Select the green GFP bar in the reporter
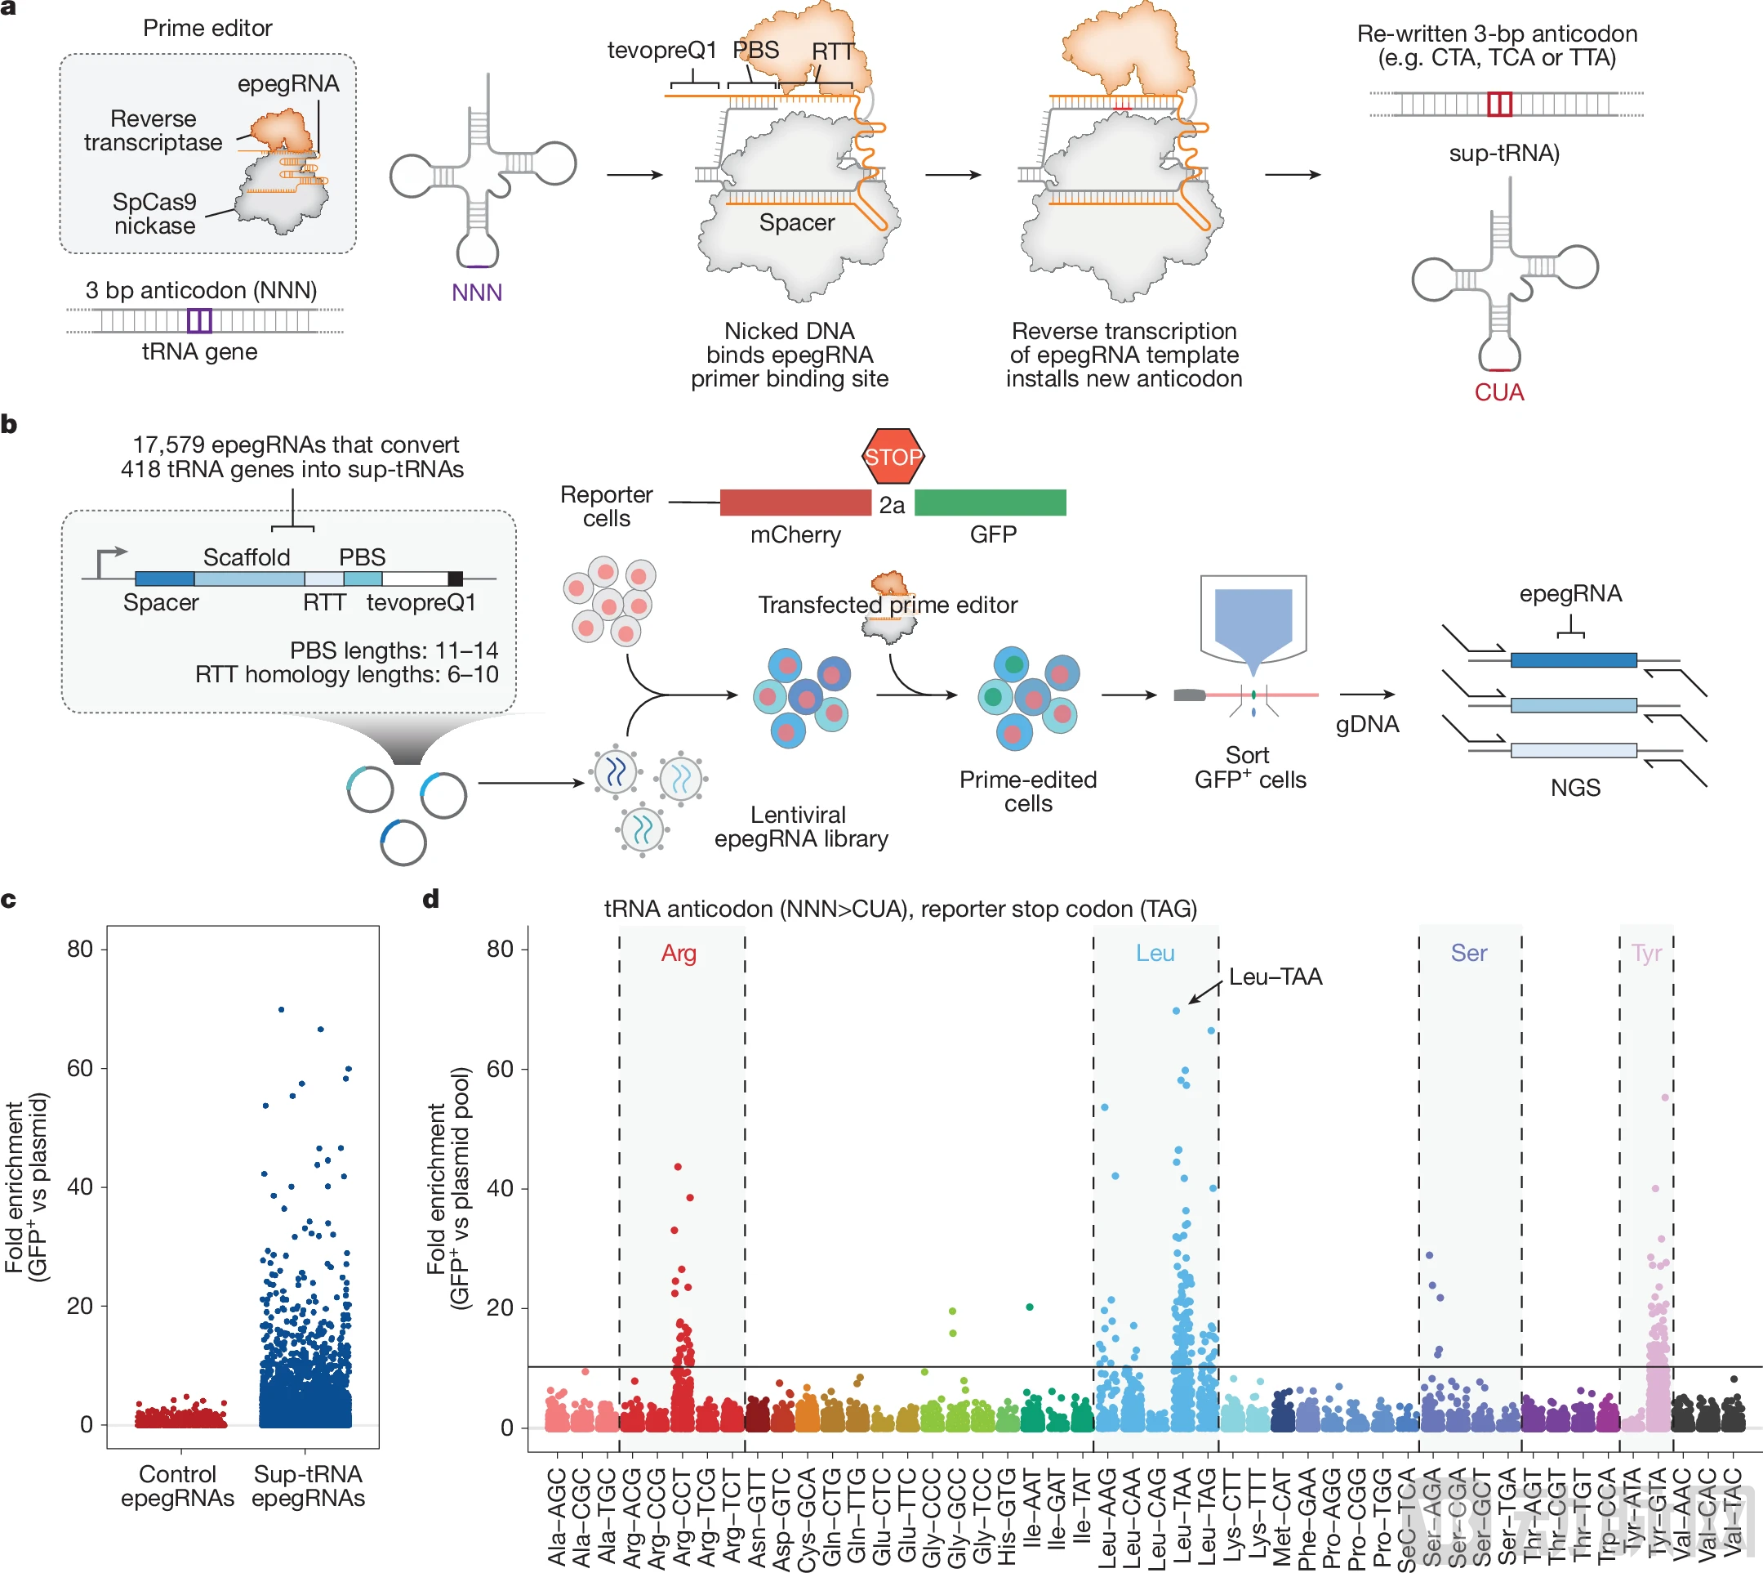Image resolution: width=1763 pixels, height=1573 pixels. click(x=990, y=503)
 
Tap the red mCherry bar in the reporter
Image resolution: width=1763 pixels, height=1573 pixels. click(x=795, y=503)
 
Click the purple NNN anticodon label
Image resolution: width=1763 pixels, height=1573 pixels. click(x=477, y=293)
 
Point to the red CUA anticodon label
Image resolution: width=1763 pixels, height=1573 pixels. click(x=1498, y=392)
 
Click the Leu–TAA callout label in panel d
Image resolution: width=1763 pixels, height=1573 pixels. click(x=1275, y=976)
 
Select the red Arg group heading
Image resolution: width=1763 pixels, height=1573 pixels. click(x=679, y=954)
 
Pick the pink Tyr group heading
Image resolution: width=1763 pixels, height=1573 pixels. click(x=1646, y=954)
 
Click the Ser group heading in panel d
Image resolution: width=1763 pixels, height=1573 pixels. click(x=1468, y=954)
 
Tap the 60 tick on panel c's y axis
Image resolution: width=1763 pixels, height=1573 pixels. click(x=79, y=1068)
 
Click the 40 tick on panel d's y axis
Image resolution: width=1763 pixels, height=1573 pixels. click(x=500, y=1188)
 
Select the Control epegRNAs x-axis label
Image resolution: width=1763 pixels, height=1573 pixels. click(x=177, y=1486)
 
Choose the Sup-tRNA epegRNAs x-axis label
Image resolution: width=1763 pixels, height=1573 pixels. click(x=309, y=1486)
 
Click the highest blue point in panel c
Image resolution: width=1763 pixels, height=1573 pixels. click(x=282, y=1009)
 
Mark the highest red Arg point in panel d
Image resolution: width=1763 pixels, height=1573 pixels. click(x=678, y=1167)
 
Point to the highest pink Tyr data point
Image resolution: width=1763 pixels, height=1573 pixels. click(x=1665, y=1097)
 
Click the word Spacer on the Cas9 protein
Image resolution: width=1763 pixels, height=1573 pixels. click(x=796, y=223)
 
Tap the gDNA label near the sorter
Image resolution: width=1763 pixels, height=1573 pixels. click(x=1368, y=724)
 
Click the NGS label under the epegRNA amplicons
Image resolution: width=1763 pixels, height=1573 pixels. click(x=1574, y=788)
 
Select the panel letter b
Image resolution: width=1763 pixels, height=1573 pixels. click(x=10, y=424)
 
